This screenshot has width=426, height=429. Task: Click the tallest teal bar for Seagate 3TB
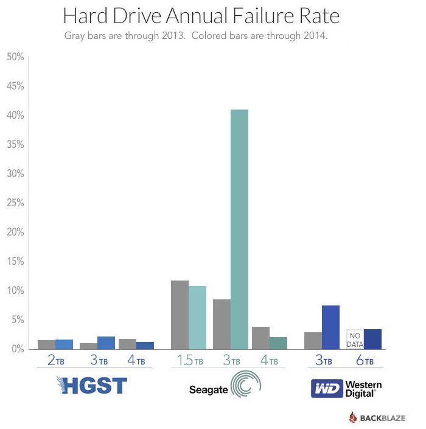239,229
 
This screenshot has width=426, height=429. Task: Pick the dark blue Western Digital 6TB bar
372,339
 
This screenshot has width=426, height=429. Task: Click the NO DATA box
355,340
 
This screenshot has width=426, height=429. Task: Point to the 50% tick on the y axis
15,57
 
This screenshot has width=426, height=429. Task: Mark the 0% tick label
17,349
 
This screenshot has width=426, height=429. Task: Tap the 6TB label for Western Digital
363,361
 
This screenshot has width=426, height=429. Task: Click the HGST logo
91,386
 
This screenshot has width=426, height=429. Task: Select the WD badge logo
326,388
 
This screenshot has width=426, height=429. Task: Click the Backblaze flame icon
355,417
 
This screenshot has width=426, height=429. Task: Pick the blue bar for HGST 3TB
106,343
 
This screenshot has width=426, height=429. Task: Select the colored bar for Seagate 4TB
278,343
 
